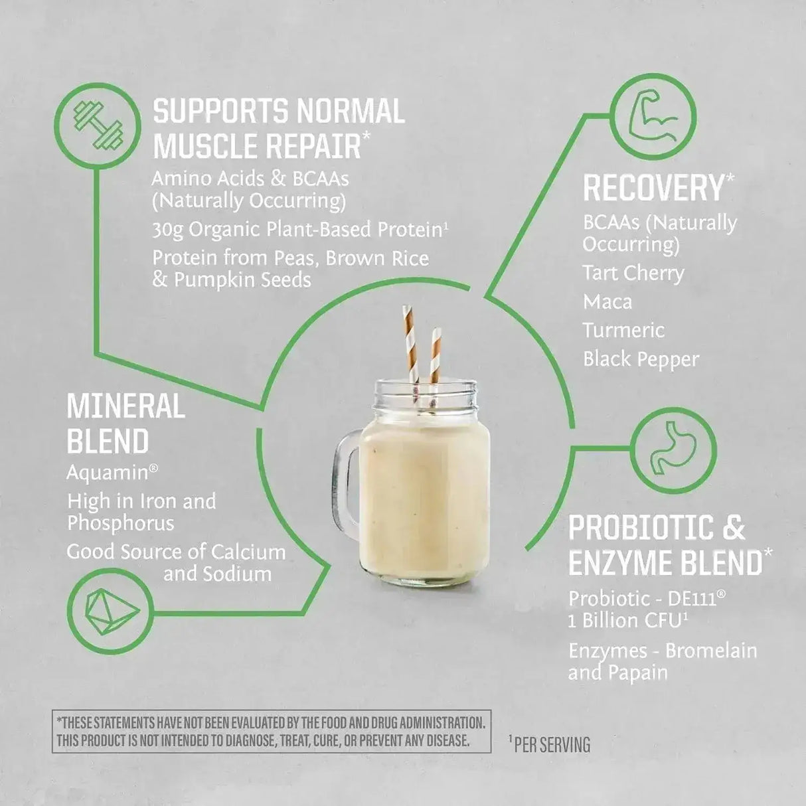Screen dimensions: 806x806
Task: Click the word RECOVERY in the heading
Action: tap(653, 188)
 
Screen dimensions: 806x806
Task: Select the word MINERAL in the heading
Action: tap(125, 406)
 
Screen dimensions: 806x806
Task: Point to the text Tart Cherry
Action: tap(633, 273)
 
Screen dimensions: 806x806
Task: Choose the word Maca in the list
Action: tap(607, 302)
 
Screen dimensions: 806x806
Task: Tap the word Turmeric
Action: tap(623, 331)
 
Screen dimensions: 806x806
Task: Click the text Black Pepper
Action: tap(641, 360)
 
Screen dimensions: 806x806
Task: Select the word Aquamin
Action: tap(108, 473)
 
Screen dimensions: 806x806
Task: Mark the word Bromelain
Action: tap(710, 651)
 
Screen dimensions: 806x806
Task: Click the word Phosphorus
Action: tap(120, 523)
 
